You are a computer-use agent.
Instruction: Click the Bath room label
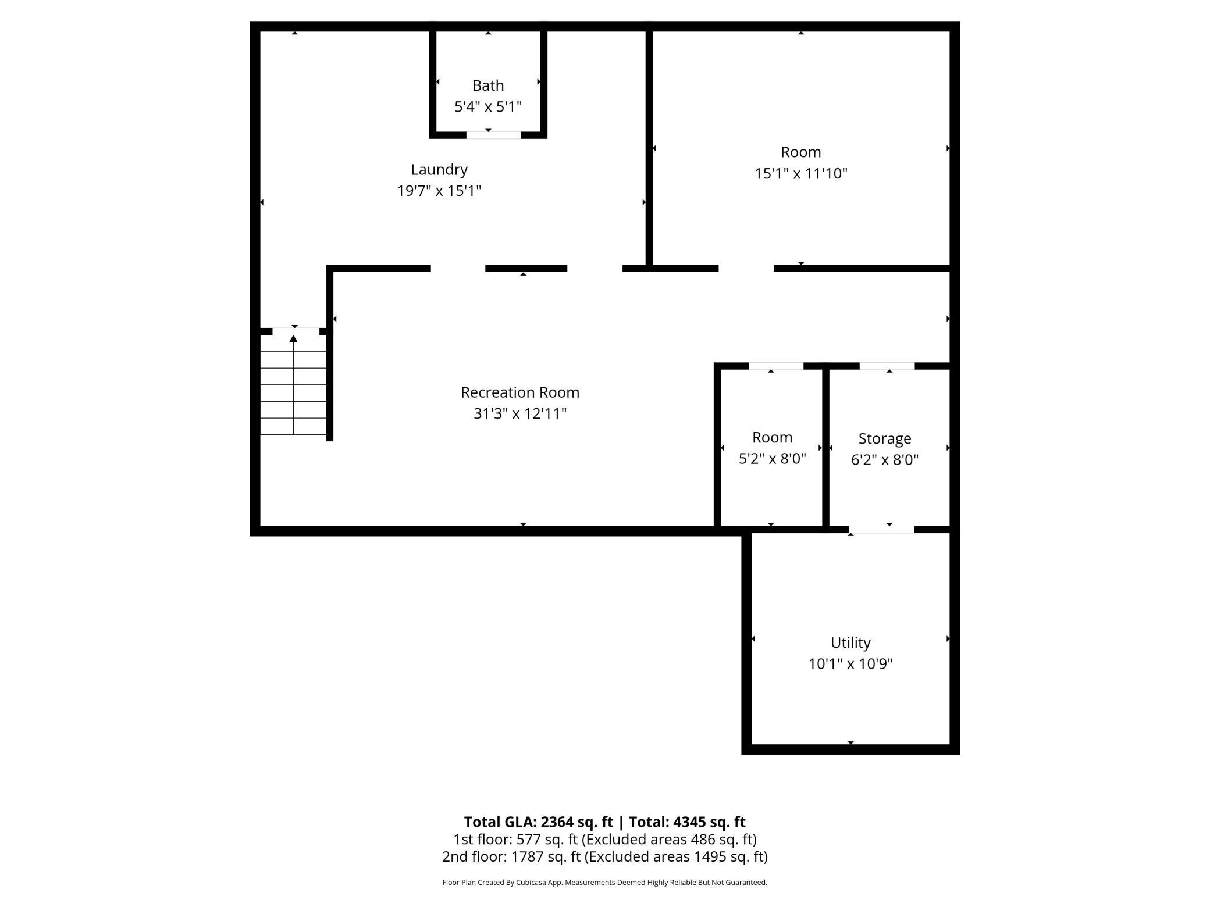click(x=487, y=85)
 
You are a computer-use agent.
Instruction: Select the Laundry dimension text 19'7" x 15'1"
click(x=439, y=191)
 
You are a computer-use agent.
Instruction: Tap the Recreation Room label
click(x=520, y=392)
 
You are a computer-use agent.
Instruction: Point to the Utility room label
click(x=850, y=642)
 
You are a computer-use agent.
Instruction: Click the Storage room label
click(x=884, y=438)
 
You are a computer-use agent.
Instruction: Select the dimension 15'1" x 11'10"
click(x=801, y=173)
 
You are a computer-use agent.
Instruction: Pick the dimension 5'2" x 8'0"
click(x=772, y=459)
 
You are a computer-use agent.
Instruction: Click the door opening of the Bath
click(x=493, y=135)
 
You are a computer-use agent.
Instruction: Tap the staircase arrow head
click(x=294, y=338)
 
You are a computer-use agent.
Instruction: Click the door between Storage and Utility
click(x=881, y=529)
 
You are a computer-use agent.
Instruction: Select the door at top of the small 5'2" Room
click(x=775, y=366)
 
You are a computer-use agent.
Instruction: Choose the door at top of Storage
click(x=887, y=366)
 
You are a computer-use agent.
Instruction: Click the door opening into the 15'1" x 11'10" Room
click(x=746, y=268)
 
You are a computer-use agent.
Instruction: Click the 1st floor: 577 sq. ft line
click(x=604, y=839)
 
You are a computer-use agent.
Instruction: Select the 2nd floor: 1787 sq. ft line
click(x=604, y=856)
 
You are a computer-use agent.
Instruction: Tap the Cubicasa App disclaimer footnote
click(x=604, y=882)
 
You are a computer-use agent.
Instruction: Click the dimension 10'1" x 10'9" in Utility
click(x=850, y=664)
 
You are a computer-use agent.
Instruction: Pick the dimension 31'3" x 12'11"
click(x=520, y=413)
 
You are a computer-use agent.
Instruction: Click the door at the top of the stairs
click(x=296, y=331)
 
